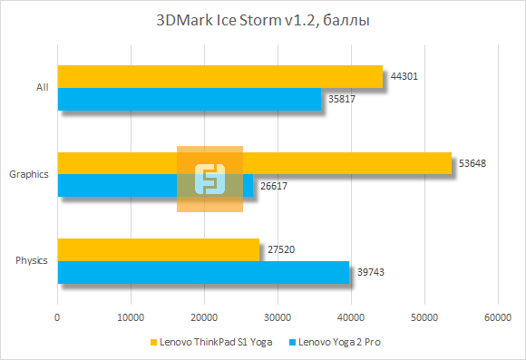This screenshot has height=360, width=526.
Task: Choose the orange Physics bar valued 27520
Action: point(158,249)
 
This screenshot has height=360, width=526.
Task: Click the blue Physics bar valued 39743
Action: point(203,272)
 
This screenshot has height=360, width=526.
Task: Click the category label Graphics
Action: point(28,174)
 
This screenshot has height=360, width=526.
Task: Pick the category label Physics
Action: point(32,261)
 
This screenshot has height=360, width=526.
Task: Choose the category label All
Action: point(42,88)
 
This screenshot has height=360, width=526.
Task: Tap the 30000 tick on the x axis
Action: point(278,317)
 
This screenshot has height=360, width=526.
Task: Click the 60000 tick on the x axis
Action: point(496,317)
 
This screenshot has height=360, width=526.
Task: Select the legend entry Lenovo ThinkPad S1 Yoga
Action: point(217,344)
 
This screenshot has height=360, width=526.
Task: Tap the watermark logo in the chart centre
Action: point(209,179)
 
